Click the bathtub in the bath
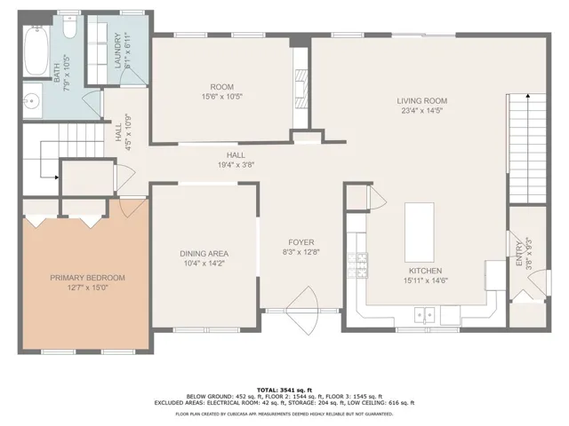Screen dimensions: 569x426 (36, 50)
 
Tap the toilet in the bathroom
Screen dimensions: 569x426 (69, 27)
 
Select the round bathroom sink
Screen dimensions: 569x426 (33, 100)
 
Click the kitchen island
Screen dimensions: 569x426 (420, 233)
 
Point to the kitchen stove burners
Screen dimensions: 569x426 (357, 265)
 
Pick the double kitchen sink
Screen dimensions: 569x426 (425, 314)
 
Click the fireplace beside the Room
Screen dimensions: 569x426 (301, 89)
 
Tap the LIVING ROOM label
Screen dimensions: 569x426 (422, 101)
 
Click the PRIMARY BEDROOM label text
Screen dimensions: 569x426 (87, 278)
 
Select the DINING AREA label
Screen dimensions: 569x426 (204, 254)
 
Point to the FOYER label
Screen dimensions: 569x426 (301, 242)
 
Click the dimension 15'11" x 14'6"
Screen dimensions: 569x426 (425, 280)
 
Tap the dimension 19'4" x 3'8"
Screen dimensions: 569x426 (236, 165)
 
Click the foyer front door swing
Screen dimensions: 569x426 (302, 311)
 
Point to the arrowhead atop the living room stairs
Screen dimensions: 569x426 (527, 96)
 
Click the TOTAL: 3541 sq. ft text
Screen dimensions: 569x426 (284, 390)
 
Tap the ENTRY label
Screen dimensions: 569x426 (519, 256)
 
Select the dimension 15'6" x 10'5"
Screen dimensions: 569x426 (222, 97)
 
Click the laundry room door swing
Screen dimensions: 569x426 (132, 77)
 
